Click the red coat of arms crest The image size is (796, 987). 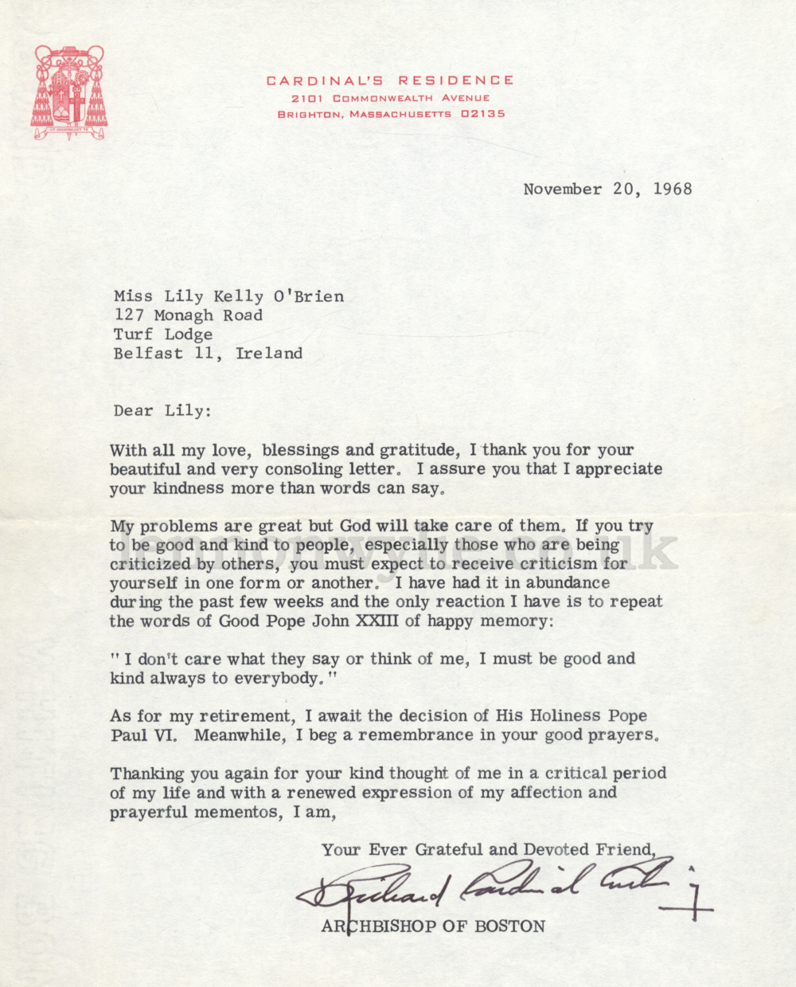coord(68,92)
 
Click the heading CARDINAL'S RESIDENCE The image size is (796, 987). coord(390,80)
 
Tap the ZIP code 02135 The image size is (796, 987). coord(483,114)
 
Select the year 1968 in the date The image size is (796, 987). coord(673,189)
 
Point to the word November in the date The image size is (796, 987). coord(562,189)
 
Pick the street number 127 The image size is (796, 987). coord(129,315)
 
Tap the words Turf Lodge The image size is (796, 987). coord(163,335)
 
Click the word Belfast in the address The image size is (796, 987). coord(148,354)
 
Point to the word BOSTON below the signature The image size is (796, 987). coord(510,926)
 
